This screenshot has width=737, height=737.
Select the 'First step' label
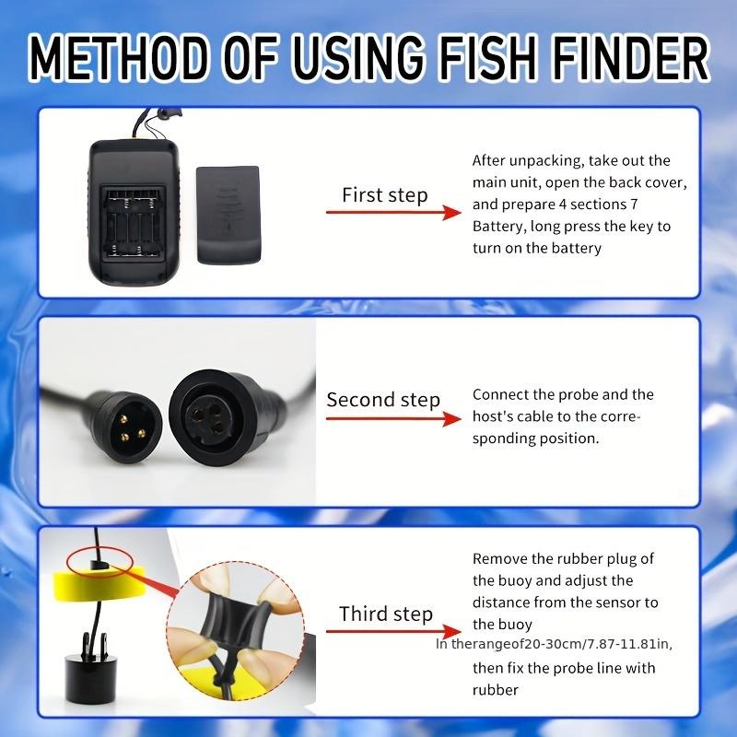point(384,194)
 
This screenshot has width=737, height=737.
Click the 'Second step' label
point(383,400)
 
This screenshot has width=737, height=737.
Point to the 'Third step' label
point(385,614)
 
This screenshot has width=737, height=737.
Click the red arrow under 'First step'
point(392,212)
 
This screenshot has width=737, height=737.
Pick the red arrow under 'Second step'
point(392,418)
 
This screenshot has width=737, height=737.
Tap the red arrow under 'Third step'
point(392,634)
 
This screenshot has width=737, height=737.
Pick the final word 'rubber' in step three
point(496,689)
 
